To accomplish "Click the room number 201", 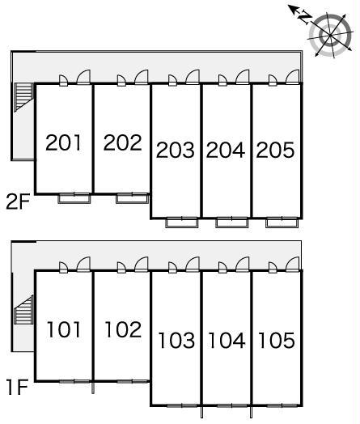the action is coord(64,142).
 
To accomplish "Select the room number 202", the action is coord(122,142).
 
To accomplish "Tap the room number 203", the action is coord(175,150).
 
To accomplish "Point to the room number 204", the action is coord(226,150).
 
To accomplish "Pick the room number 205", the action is coord(275,150).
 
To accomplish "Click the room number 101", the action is coord(64,329).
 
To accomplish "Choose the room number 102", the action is coord(123,329).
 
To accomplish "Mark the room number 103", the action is coord(176,340).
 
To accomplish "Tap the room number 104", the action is coord(227,340).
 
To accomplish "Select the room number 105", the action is coord(277,340).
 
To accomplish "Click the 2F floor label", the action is coord(18,202).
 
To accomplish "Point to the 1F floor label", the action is coord(18,388).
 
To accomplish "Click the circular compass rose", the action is coord(330,36).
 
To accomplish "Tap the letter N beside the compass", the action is coord(305,18).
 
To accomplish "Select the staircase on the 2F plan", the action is coord(23,97).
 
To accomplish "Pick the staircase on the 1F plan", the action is coord(23,310).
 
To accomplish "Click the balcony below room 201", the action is coord(74,198).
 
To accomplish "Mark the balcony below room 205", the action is coord(282,223).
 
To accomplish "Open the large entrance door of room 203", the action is coord(193,77).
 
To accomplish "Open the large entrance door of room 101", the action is coord(83,264).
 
